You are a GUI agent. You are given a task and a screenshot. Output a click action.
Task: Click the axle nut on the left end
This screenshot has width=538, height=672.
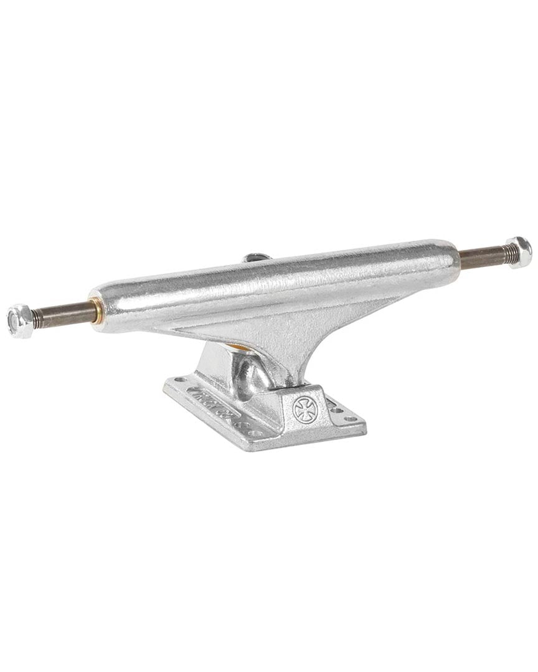[20, 321]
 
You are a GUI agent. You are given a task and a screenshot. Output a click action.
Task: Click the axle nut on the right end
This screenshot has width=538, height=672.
[519, 252]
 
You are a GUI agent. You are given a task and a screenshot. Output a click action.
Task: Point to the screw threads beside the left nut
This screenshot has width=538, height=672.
[37, 318]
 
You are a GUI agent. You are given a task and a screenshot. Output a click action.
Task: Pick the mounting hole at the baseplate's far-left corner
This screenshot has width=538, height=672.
[181, 379]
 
